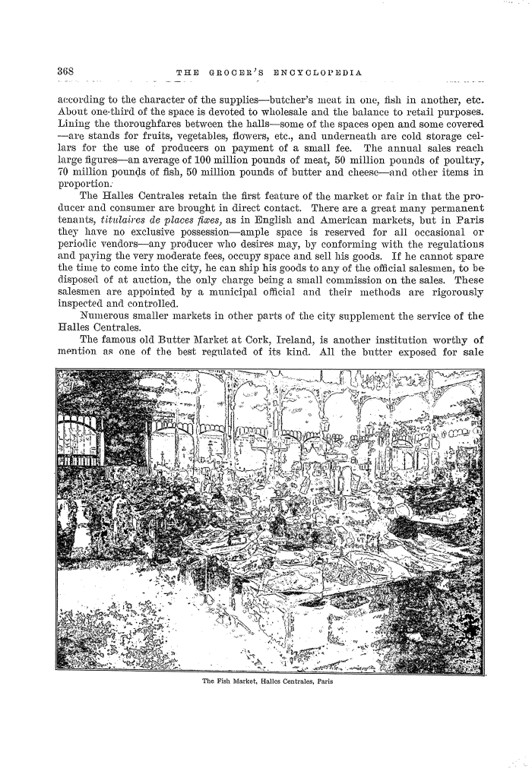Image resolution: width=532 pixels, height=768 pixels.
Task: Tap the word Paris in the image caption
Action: click(x=323, y=681)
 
